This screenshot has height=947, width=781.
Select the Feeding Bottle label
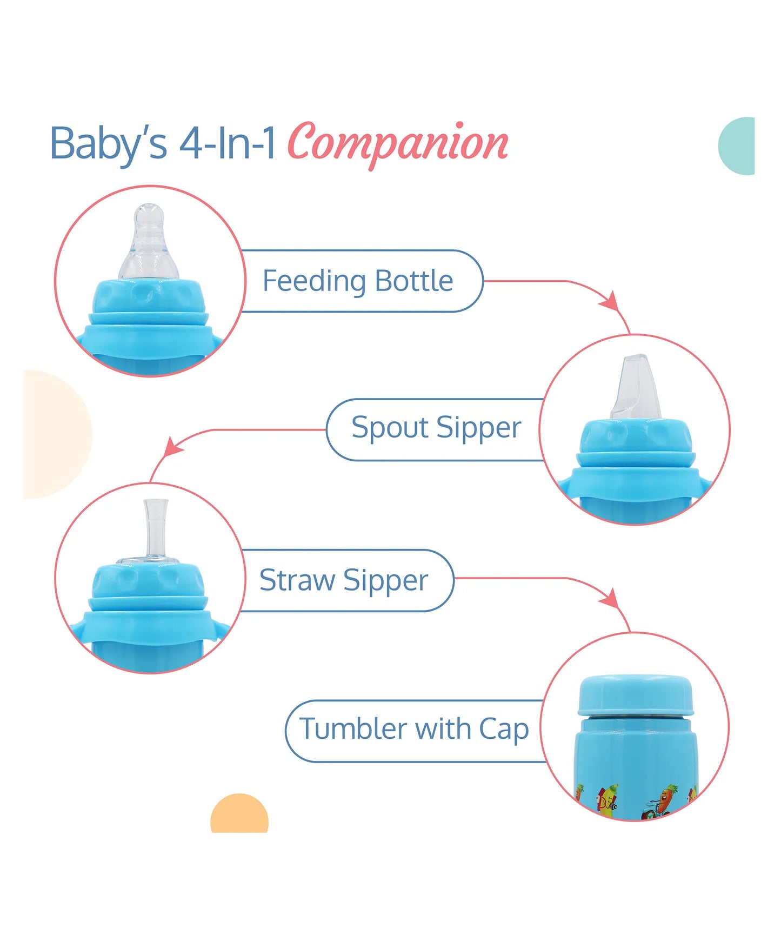(x=358, y=281)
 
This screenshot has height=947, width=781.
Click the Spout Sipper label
(x=436, y=428)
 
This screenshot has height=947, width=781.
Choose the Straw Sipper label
(x=344, y=581)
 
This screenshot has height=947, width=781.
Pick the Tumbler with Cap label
(x=414, y=729)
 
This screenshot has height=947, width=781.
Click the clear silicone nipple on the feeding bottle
(x=148, y=242)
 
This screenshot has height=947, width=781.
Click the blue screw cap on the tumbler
(x=636, y=696)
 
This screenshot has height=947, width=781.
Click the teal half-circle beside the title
(x=736, y=146)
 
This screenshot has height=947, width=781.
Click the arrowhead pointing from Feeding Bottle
(x=610, y=301)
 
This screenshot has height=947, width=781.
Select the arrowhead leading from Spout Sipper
(x=173, y=447)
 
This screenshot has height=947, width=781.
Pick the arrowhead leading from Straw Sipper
(x=610, y=598)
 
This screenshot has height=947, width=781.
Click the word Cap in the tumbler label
(x=504, y=731)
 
